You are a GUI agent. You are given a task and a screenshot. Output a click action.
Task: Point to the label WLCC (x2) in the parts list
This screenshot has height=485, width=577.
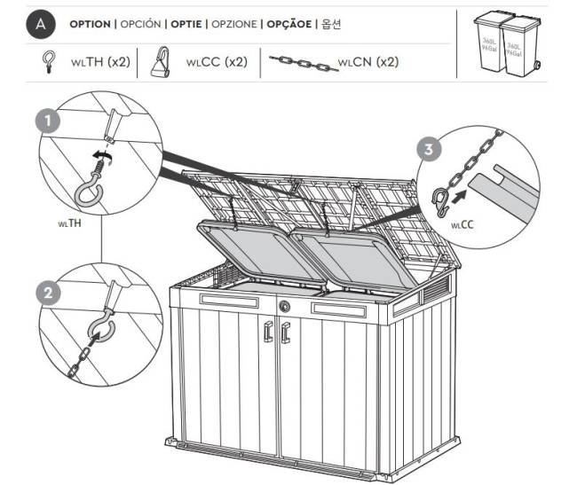216,63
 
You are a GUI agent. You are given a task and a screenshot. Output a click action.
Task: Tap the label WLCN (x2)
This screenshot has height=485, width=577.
368,63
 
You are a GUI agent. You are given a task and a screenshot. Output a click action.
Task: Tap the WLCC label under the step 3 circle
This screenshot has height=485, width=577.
462,225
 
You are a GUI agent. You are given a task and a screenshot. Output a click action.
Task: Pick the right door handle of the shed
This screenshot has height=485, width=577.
285,332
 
